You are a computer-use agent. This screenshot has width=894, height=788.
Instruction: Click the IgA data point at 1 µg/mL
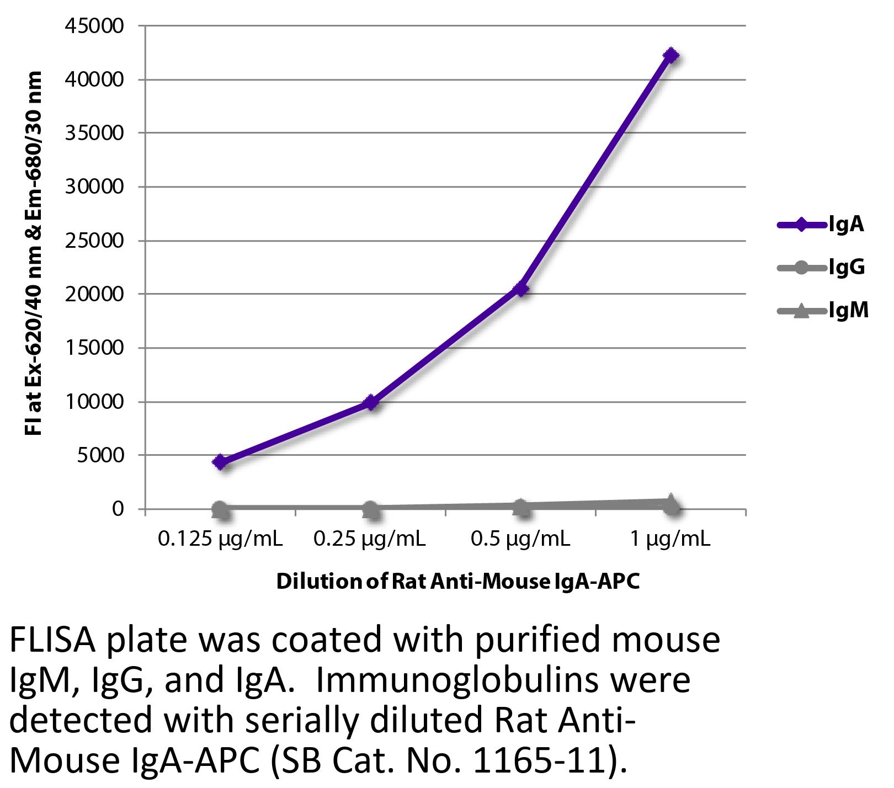670,55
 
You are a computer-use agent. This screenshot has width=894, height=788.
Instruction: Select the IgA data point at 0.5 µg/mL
520,289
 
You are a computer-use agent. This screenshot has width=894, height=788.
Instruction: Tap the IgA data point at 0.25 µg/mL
371,402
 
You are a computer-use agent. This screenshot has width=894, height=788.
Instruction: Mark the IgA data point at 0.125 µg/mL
221,462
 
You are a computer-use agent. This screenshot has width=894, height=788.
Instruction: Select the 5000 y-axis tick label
102,455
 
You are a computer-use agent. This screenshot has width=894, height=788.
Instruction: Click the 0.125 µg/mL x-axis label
220,539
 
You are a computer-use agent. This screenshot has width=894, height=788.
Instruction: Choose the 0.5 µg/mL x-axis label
520,539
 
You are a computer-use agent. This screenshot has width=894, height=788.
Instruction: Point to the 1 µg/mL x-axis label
670,539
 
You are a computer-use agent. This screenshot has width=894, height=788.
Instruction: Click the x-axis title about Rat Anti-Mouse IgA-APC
457,582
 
